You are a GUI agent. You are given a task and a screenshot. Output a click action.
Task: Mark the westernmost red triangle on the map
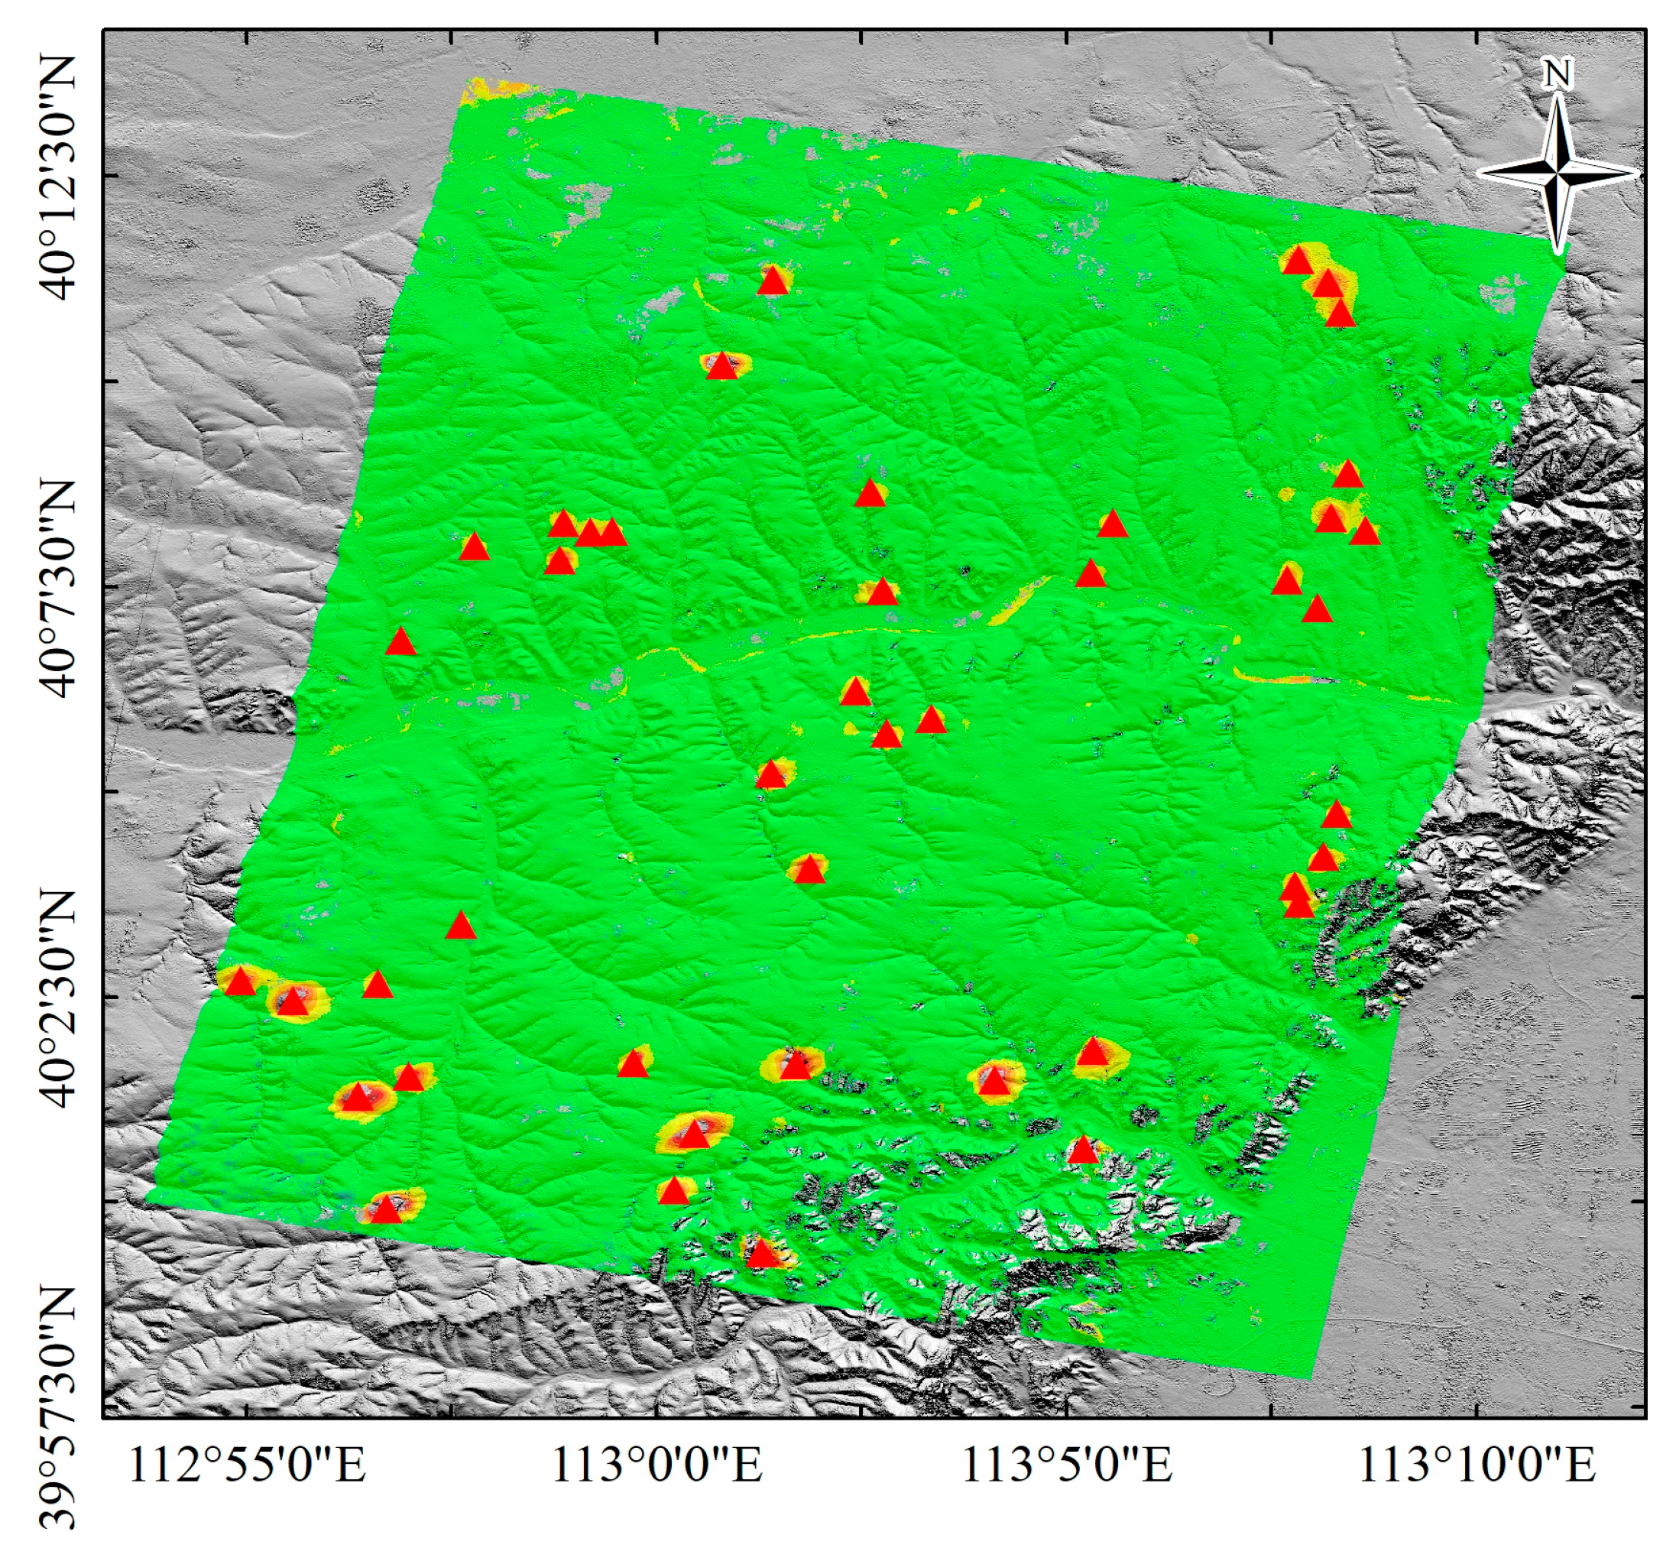241,981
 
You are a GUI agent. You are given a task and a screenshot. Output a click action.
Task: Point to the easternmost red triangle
1365,531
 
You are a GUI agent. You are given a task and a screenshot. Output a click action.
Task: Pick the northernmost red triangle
1298,261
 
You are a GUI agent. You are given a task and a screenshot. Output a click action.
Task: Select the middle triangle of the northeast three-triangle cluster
1328,285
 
